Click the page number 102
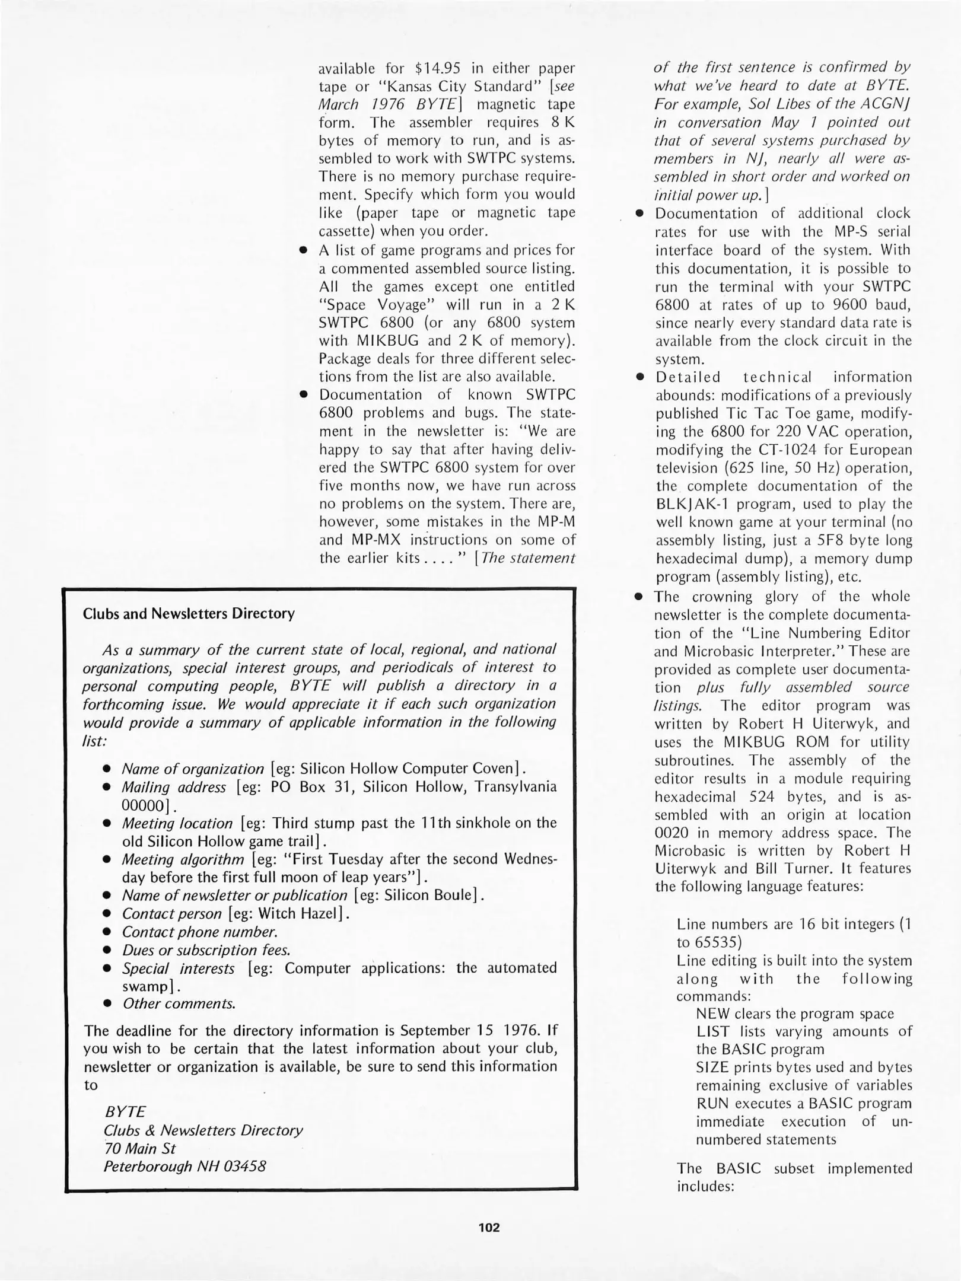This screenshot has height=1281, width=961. pyautogui.click(x=489, y=1228)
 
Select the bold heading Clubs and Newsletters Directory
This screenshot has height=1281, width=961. pyautogui.click(x=189, y=613)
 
